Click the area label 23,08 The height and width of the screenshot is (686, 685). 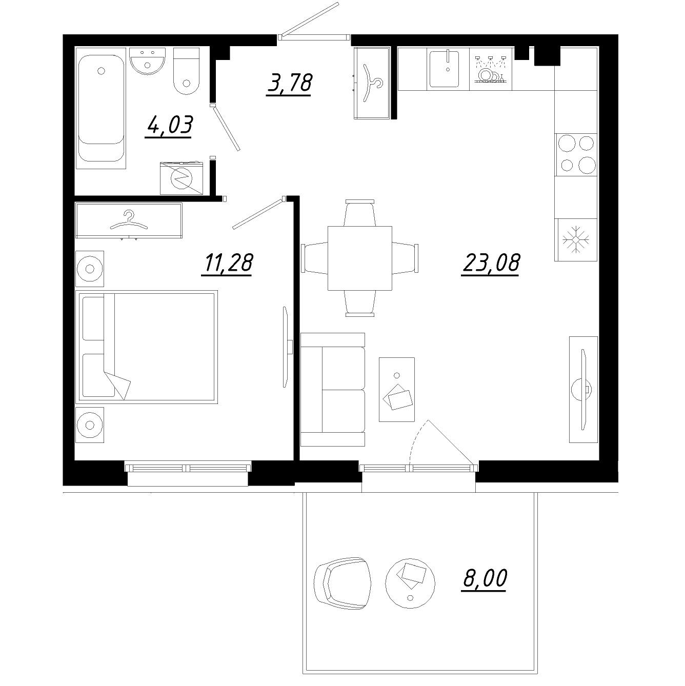click(x=491, y=263)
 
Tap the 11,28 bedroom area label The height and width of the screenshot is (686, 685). click(x=227, y=263)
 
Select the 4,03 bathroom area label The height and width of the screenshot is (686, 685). click(x=169, y=125)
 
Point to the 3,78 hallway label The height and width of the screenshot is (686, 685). click(x=289, y=83)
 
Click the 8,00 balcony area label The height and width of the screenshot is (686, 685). click(x=485, y=578)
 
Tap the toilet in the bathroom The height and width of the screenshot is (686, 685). click(x=186, y=72)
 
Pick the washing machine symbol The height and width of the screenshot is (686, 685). click(x=182, y=177)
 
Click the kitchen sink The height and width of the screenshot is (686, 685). click(x=447, y=68)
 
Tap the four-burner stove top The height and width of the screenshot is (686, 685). click(x=576, y=153)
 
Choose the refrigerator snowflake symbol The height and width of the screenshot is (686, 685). click(x=576, y=239)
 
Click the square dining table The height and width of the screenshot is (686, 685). click(x=359, y=258)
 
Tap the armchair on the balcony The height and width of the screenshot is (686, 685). click(x=342, y=583)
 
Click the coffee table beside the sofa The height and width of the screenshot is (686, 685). click(x=396, y=390)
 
